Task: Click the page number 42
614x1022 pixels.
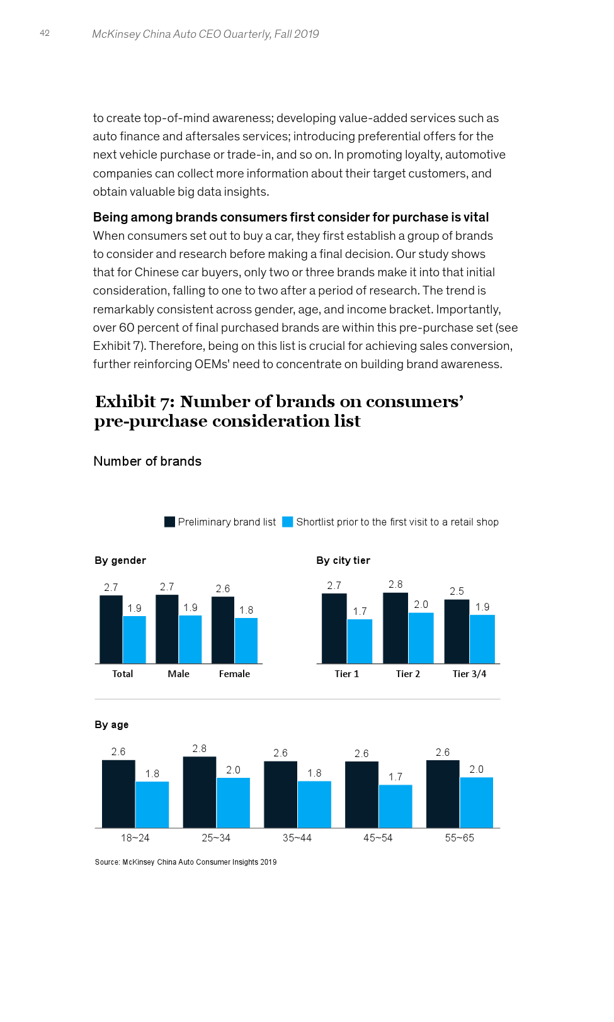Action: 45,33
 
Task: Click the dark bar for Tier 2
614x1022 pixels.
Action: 395,628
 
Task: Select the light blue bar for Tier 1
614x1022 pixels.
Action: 360,641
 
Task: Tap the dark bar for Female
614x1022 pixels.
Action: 223,629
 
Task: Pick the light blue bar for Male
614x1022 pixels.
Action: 190,639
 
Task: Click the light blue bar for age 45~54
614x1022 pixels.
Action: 395,806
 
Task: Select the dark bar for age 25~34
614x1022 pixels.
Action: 200,792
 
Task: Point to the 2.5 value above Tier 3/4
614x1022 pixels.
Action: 457,592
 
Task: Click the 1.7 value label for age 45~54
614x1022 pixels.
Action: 395,777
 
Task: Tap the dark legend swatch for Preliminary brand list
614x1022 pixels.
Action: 169,522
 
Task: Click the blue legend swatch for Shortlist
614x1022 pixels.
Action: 288,522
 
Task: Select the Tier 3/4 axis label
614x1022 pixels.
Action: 469,674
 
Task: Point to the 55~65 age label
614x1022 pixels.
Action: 459,838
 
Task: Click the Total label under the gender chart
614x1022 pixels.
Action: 122,674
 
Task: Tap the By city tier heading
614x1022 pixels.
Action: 343,560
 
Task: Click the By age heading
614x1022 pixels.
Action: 111,724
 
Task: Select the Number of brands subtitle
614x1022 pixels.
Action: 147,461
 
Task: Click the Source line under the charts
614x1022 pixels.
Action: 185,862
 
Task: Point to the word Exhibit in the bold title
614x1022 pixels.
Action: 125,401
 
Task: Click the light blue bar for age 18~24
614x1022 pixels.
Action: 152,805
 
